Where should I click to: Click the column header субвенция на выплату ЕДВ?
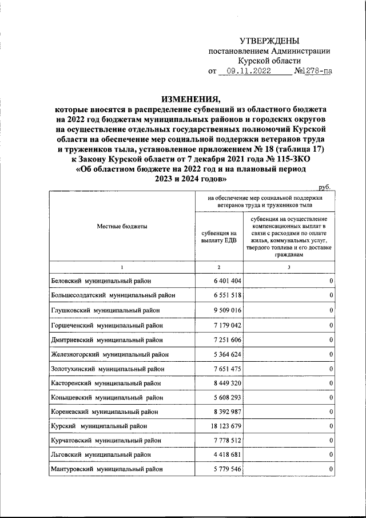(x=219, y=236)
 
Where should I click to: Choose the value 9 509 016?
(x=226, y=310)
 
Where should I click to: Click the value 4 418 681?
(x=226, y=454)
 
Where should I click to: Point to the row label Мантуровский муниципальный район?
(x=109, y=469)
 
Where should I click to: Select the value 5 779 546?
(x=226, y=469)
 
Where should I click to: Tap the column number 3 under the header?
(x=289, y=267)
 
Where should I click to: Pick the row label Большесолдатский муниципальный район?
(x=113, y=295)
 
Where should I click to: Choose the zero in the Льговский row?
(x=331, y=454)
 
